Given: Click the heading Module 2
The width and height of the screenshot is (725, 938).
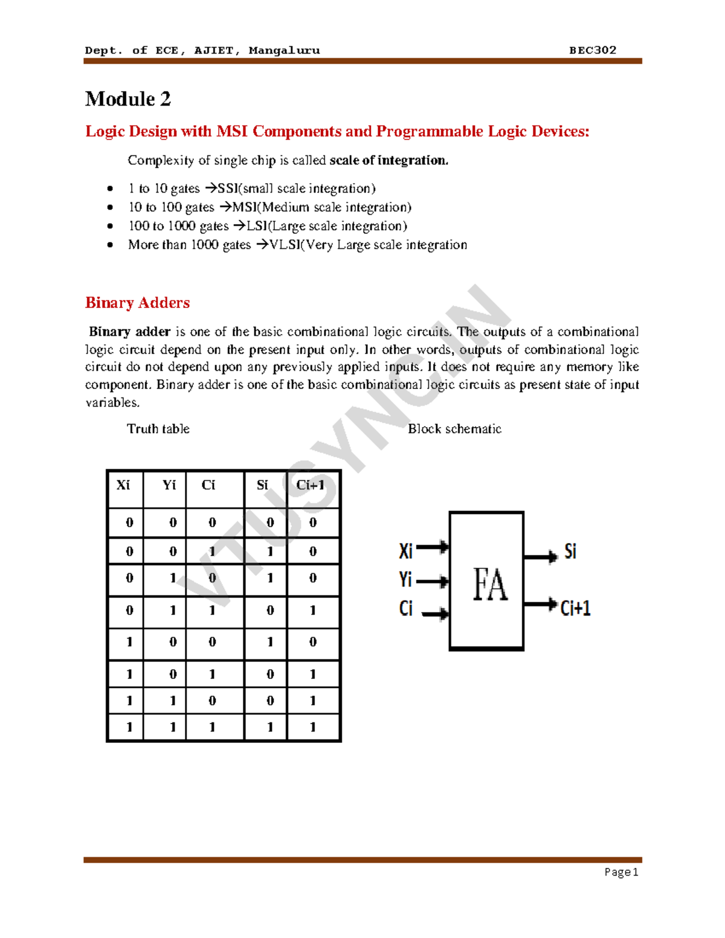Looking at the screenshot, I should click(128, 99).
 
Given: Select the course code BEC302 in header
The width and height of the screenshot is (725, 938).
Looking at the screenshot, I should click(592, 50).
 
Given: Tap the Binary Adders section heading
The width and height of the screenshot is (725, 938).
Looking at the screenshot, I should click(137, 303).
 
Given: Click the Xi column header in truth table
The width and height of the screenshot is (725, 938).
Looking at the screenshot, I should click(123, 485).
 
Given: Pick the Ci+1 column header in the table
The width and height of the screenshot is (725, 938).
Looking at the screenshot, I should click(311, 485).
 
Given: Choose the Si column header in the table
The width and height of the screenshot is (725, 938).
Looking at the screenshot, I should click(262, 485).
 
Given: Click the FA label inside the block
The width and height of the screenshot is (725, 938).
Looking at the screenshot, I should click(489, 584).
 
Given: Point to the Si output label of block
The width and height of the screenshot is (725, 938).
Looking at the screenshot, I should click(570, 551).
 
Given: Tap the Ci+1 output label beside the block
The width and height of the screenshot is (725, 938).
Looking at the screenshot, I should click(575, 608).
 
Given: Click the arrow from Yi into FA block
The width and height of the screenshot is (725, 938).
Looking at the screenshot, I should click(433, 582).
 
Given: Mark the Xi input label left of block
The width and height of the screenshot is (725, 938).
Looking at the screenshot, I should click(405, 551).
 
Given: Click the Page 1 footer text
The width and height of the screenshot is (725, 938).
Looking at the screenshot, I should click(621, 872).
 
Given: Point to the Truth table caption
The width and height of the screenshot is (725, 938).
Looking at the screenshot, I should click(158, 429).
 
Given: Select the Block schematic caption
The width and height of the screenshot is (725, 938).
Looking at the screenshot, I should click(454, 429).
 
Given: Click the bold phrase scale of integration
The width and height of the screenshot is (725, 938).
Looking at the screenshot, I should click(388, 161).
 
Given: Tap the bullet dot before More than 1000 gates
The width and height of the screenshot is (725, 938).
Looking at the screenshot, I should click(110, 245).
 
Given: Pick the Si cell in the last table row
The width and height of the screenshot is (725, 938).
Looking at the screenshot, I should click(270, 727).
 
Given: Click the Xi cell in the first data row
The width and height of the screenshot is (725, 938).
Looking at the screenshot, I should click(129, 522).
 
